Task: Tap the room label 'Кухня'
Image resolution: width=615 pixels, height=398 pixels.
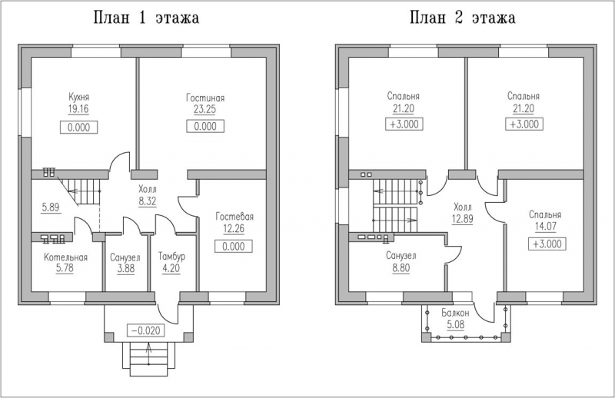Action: [x=78, y=98]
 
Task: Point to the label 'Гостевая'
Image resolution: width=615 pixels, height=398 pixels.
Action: [x=235, y=217]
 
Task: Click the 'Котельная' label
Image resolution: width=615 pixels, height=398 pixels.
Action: [x=65, y=257]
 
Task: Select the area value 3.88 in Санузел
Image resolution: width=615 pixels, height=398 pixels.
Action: [x=123, y=269]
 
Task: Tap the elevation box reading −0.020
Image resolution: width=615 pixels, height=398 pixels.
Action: [x=147, y=330]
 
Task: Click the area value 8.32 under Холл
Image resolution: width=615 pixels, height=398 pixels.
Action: [x=149, y=201]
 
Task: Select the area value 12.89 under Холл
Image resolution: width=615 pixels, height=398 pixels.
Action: [x=463, y=219]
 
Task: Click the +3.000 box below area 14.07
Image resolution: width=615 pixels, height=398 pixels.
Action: [x=545, y=244]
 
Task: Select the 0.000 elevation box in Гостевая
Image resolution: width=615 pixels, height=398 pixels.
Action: [x=235, y=247]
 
